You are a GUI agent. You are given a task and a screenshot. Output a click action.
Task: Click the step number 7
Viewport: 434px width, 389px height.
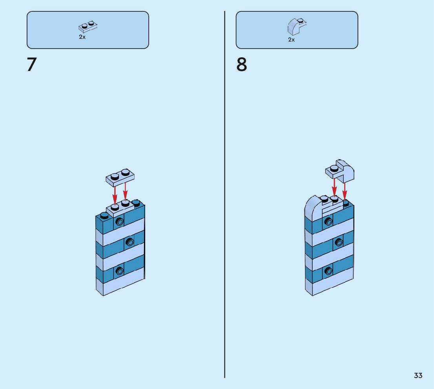(31, 65)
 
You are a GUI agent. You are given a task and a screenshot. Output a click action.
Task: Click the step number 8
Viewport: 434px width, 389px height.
(242, 65)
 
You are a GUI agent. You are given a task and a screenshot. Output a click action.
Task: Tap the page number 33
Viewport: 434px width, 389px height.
(418, 375)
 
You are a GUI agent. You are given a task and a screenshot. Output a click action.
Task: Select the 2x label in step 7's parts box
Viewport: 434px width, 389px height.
(82, 37)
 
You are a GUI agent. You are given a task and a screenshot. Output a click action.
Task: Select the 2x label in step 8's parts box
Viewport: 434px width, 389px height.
(291, 40)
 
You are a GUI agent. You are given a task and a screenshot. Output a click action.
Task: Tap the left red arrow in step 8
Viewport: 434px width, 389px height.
(334, 187)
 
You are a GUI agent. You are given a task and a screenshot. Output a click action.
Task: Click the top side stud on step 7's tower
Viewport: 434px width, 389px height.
(119, 222)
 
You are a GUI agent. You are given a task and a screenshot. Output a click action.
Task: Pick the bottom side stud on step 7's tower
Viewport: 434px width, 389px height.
(119, 270)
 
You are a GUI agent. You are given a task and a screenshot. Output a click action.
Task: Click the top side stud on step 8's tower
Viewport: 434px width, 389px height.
(328, 222)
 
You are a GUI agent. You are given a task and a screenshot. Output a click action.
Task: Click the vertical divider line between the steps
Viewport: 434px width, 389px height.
(224, 196)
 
